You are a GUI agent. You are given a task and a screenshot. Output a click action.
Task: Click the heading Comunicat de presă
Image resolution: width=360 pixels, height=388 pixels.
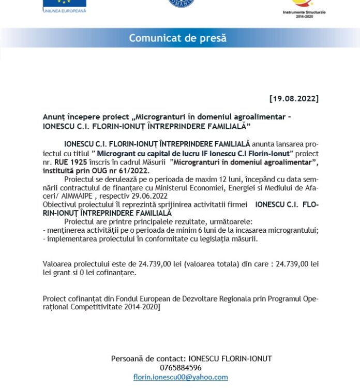(177, 38)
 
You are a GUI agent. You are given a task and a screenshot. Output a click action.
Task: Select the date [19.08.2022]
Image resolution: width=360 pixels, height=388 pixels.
(294, 98)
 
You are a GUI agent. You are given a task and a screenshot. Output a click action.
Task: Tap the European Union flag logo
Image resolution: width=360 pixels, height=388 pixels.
(64, 3)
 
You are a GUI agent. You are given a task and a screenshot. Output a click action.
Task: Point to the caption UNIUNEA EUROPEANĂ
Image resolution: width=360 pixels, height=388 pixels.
(65, 10)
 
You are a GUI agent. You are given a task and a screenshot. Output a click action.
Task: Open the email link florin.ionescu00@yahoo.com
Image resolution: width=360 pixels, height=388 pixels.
(181, 377)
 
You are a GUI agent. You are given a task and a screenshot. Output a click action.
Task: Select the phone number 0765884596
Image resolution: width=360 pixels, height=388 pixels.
(181, 368)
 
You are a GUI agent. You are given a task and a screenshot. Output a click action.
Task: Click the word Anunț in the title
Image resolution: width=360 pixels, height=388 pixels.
(53, 117)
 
